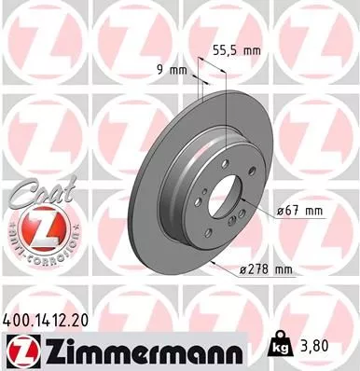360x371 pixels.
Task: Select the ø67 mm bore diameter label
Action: click(x=301, y=212)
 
